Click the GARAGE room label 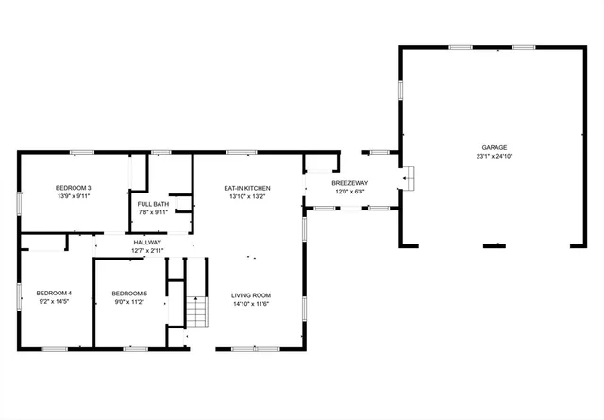[x=495, y=147]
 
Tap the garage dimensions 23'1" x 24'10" [x=495, y=156]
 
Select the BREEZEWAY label [x=351, y=183]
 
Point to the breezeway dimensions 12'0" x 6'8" [x=351, y=192]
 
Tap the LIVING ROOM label [x=251, y=295]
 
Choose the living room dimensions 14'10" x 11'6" [x=251, y=304]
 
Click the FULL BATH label [x=153, y=204]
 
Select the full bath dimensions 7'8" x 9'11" [x=153, y=212]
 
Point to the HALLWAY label [x=146, y=242]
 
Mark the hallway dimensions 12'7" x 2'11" [x=146, y=250]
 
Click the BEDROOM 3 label [x=73, y=188]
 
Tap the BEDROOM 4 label [x=54, y=294]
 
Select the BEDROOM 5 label [x=129, y=294]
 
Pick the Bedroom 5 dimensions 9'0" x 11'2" [x=129, y=302]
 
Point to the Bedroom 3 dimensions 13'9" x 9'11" [x=73, y=196]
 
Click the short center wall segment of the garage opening [x=494, y=246]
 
